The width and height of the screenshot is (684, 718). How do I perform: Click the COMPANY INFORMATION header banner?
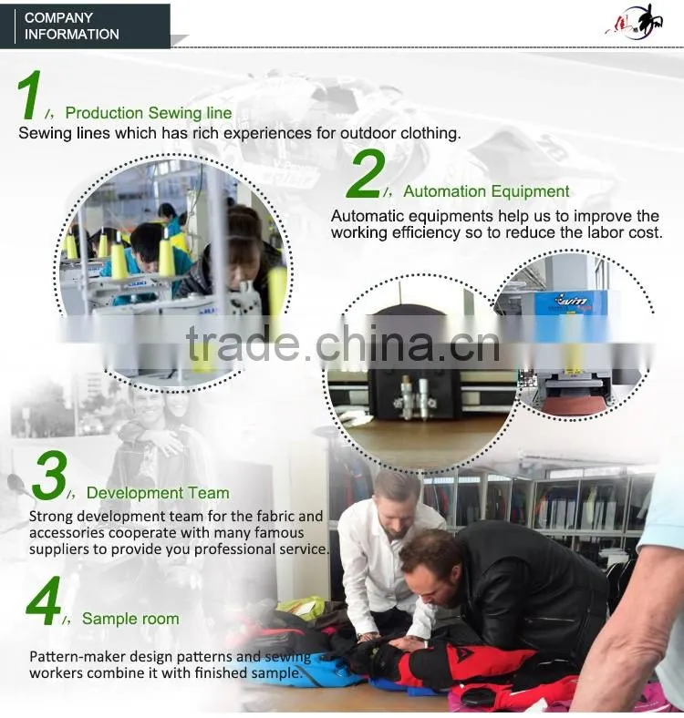coord(85,26)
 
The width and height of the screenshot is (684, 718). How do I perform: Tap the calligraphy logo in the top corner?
coord(635,22)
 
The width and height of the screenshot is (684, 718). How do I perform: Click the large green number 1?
coord(29,96)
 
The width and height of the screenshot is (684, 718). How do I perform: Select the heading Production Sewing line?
coord(149,113)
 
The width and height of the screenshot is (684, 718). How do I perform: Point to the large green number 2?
coord(366,175)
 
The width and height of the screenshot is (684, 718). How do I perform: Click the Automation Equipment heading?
coord(486,191)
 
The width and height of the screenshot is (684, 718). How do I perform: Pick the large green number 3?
coord(49,476)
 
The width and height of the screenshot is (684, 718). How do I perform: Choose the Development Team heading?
coord(158,493)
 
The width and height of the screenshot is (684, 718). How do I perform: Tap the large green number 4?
coord(44,600)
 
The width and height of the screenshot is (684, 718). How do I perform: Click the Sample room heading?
coord(130,619)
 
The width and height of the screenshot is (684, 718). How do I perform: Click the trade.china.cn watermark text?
coord(343,344)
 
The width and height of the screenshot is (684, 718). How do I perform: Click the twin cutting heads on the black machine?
coord(414,397)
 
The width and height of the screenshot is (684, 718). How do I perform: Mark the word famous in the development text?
coord(279,532)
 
